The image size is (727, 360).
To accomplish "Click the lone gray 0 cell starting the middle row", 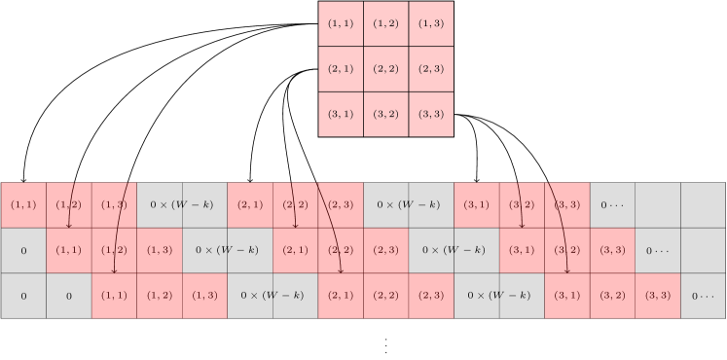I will pyautogui.click(x=23, y=251).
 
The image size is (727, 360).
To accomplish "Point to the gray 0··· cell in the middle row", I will pyautogui.click(x=657, y=251).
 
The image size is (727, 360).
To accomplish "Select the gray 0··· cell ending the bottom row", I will pyautogui.click(x=703, y=296).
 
